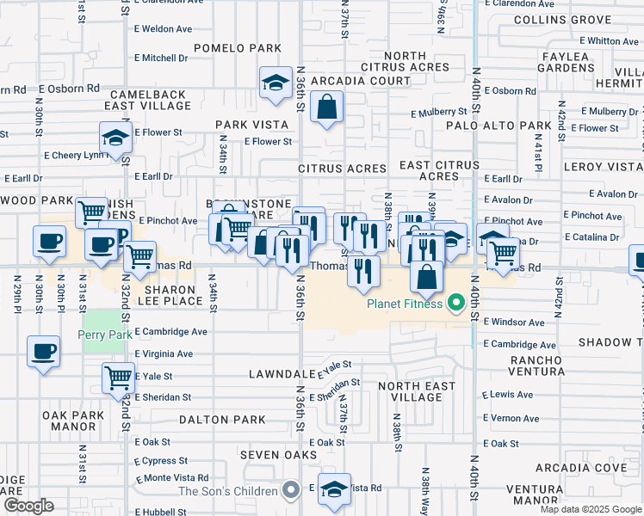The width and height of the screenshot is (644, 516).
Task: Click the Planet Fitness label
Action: coord(405,304)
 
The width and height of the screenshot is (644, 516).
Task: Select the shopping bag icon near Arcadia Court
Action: coord(328,108)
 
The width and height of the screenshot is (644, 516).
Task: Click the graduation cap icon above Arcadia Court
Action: coord(276,83)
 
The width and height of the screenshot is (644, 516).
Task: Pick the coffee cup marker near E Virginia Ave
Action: coord(43,351)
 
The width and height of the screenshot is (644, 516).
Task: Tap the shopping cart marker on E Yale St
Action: coord(118,377)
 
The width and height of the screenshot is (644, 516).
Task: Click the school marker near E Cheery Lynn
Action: coord(115,137)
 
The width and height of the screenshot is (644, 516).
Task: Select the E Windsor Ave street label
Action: coord(514,322)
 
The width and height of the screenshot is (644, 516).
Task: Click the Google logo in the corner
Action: coord(28,506)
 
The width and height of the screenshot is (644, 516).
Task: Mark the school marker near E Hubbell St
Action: coord(334,488)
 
